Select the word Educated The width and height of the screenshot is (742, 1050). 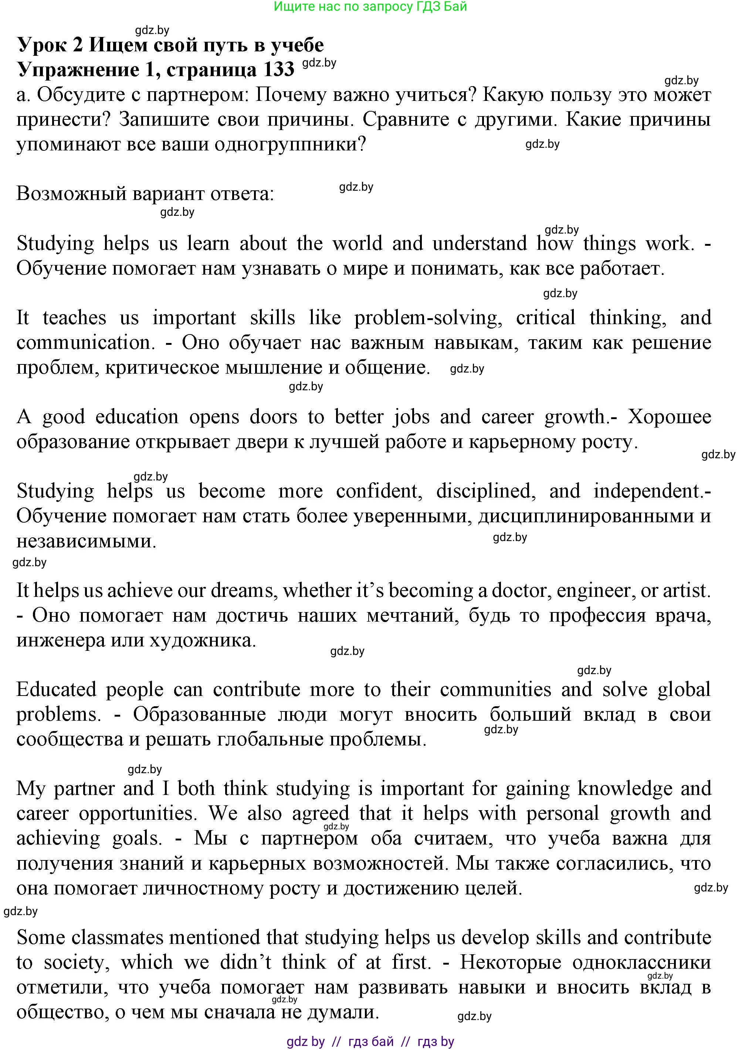[56, 690]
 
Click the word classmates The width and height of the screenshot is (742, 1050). [118, 938]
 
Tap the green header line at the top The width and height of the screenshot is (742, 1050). [370, 6]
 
